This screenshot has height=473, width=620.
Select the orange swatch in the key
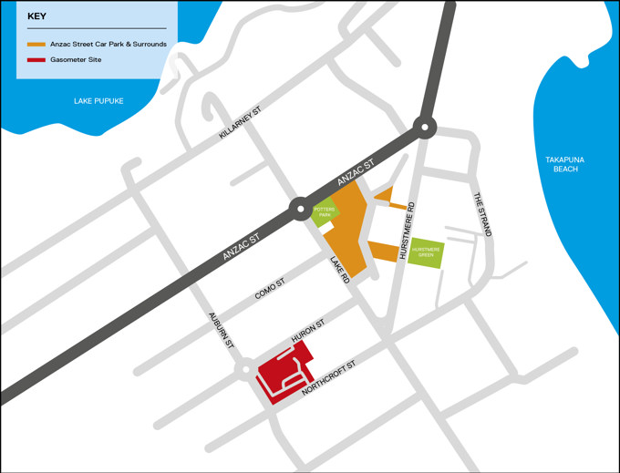(36, 44)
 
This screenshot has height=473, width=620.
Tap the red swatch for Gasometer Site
(36, 60)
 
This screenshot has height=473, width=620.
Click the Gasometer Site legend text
(76, 60)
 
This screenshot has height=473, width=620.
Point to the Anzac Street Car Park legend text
(108, 44)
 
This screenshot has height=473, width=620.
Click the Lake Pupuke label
(98, 100)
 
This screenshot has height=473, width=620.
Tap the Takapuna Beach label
(564, 164)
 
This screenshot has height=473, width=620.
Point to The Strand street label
(481, 214)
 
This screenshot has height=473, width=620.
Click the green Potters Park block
(325, 213)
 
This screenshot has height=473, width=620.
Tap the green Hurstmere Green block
(426, 252)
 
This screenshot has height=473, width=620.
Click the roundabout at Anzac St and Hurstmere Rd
(425, 127)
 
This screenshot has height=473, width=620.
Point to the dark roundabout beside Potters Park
(299, 210)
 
